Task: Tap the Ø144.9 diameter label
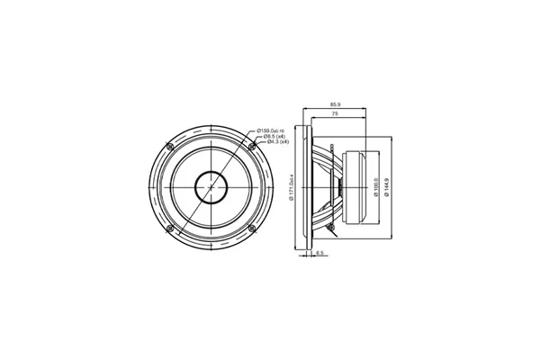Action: tap(387, 186)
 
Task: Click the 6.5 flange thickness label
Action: tap(319, 254)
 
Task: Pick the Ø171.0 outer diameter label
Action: tap(293, 186)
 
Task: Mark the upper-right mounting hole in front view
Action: tap(250, 147)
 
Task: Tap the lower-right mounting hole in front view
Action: tap(250, 229)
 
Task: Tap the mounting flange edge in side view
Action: tap(308, 187)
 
